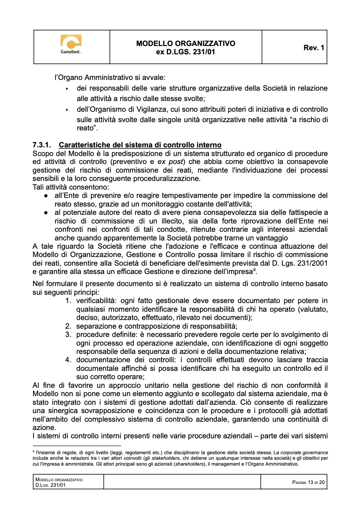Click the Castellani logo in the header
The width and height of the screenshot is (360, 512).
[x=71, y=44]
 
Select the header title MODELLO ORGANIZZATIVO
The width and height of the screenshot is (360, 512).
[x=186, y=44]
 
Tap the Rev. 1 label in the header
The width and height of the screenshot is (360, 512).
[x=314, y=48]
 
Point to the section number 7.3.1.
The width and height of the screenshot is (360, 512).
[x=42, y=145]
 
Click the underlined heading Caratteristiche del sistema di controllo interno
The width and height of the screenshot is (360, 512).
[x=140, y=145]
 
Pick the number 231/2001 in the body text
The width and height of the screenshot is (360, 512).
[x=309, y=263]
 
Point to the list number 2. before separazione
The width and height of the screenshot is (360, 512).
[x=68, y=326]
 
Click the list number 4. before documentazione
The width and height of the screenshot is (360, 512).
[x=68, y=360]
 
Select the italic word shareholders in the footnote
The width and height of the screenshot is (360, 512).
[x=189, y=464]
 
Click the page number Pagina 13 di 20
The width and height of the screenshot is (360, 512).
[x=308, y=482]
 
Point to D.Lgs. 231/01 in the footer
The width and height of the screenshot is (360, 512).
[x=51, y=485]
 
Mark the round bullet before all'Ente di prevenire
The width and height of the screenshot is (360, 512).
[x=46, y=196]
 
